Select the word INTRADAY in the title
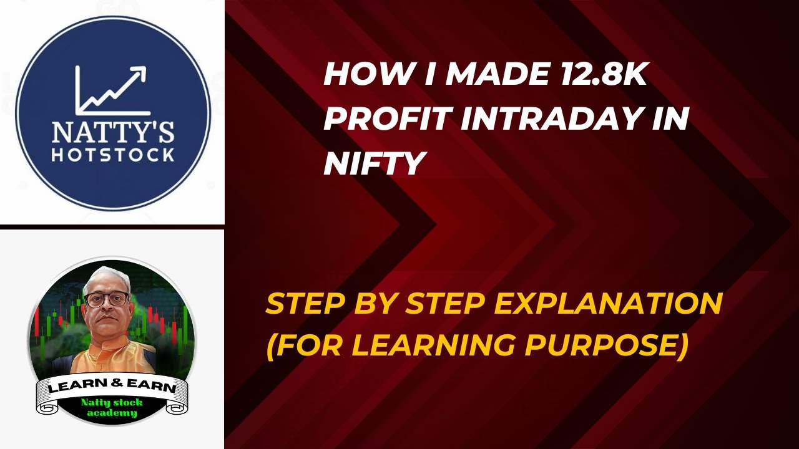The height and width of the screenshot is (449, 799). click(x=549, y=118)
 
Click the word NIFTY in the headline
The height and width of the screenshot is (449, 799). click(x=375, y=163)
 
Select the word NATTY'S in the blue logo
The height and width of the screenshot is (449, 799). click(x=112, y=132)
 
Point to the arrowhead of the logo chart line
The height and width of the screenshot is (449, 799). click(x=139, y=73)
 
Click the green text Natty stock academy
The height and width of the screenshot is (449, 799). click(x=112, y=407)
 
